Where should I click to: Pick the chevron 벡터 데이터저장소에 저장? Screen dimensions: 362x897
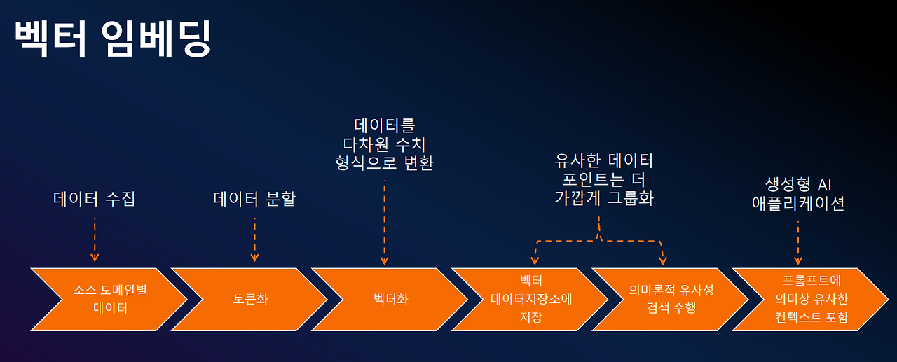click(531, 299)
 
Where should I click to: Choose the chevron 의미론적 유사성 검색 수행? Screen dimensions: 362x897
click(671, 299)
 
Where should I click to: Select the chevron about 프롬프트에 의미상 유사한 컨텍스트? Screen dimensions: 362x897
click(812, 299)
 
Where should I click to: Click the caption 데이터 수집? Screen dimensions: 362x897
click(94, 199)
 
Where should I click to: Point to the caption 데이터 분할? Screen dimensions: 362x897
click(254, 199)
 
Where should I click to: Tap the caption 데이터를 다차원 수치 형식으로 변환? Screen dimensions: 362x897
click(384, 144)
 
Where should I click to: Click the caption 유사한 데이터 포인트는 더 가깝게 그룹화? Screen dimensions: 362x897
click(603, 179)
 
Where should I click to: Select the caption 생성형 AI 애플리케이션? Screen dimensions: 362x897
click(797, 194)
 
